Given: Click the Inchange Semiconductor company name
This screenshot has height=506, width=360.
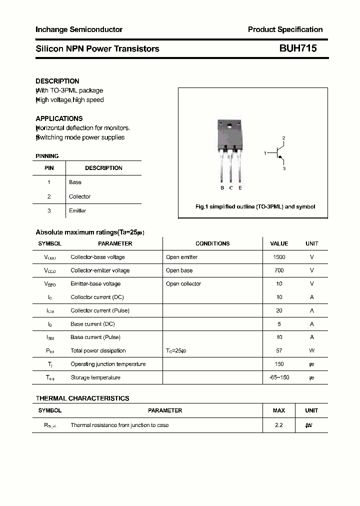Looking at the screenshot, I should (x=79, y=29).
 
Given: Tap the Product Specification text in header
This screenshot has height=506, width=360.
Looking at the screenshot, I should (x=285, y=29).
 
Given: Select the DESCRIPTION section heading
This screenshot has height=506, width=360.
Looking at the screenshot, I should (x=57, y=81).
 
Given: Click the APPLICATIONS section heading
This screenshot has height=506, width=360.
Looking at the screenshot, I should (x=59, y=118).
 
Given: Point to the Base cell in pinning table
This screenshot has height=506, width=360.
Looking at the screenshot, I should (x=75, y=182).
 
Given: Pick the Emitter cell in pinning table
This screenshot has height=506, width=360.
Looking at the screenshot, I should (x=77, y=210).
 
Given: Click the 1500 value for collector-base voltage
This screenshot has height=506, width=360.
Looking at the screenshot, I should (x=279, y=257).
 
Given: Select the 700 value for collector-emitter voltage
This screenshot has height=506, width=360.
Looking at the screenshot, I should (x=279, y=270).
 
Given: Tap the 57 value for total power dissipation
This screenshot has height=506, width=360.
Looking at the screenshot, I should (x=279, y=350).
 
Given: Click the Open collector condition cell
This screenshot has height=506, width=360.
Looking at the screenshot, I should (x=183, y=283).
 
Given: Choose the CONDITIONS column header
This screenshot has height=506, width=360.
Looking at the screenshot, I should (x=212, y=243).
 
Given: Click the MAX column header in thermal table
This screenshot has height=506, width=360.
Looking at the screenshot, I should (x=279, y=410).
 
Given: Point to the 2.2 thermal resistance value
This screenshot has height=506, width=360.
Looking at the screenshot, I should (x=279, y=425).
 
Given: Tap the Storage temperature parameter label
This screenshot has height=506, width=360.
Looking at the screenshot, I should (x=95, y=377).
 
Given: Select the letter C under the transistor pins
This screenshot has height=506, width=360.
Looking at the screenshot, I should (x=231, y=188).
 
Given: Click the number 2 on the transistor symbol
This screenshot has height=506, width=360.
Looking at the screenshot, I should (x=283, y=137).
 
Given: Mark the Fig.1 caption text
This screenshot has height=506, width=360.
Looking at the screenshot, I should (x=255, y=206).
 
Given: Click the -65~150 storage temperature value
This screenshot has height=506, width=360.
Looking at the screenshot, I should (x=279, y=377).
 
